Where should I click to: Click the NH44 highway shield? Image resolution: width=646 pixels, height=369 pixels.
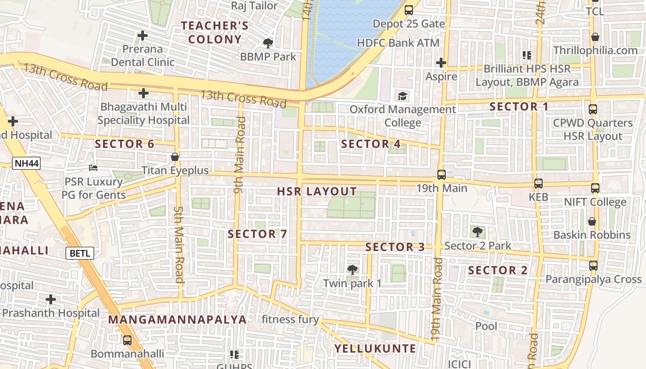26,163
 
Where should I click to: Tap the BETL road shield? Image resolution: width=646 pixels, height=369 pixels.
80,253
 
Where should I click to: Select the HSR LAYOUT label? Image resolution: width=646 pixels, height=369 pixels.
317,191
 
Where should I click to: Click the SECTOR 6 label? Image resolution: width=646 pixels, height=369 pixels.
125,144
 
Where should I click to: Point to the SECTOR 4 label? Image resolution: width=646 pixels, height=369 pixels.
371,144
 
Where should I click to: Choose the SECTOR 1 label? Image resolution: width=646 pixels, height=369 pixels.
519,107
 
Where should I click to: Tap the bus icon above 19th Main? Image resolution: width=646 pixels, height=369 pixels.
442,175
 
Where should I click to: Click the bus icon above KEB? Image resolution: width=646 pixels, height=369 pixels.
538,184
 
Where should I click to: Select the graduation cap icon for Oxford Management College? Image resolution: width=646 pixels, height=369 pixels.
403,96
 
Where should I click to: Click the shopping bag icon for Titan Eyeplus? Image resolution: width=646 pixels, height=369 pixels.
175,157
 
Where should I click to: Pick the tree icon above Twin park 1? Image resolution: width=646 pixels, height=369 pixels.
353,269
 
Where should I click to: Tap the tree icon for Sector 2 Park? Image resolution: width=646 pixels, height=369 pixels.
478,232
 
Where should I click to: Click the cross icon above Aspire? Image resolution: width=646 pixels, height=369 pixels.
441,63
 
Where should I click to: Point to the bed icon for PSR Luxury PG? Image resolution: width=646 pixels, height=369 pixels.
94,168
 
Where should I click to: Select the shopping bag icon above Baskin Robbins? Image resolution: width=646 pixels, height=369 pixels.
592,221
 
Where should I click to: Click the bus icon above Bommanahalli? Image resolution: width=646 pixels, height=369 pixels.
127,340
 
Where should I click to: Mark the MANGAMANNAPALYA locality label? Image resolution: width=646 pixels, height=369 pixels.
178,320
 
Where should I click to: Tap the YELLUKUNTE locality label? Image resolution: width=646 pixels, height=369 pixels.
375,348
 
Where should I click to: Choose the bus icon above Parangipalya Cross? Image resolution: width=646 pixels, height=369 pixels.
593,266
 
